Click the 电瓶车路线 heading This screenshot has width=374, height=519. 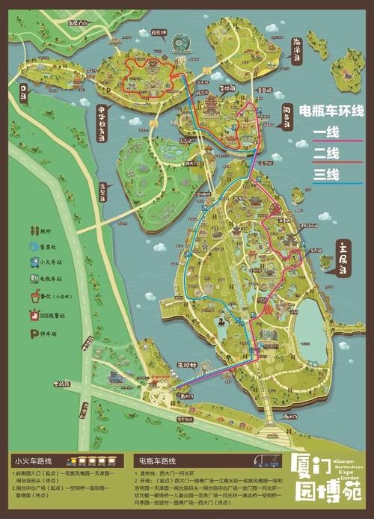(158, 461)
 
